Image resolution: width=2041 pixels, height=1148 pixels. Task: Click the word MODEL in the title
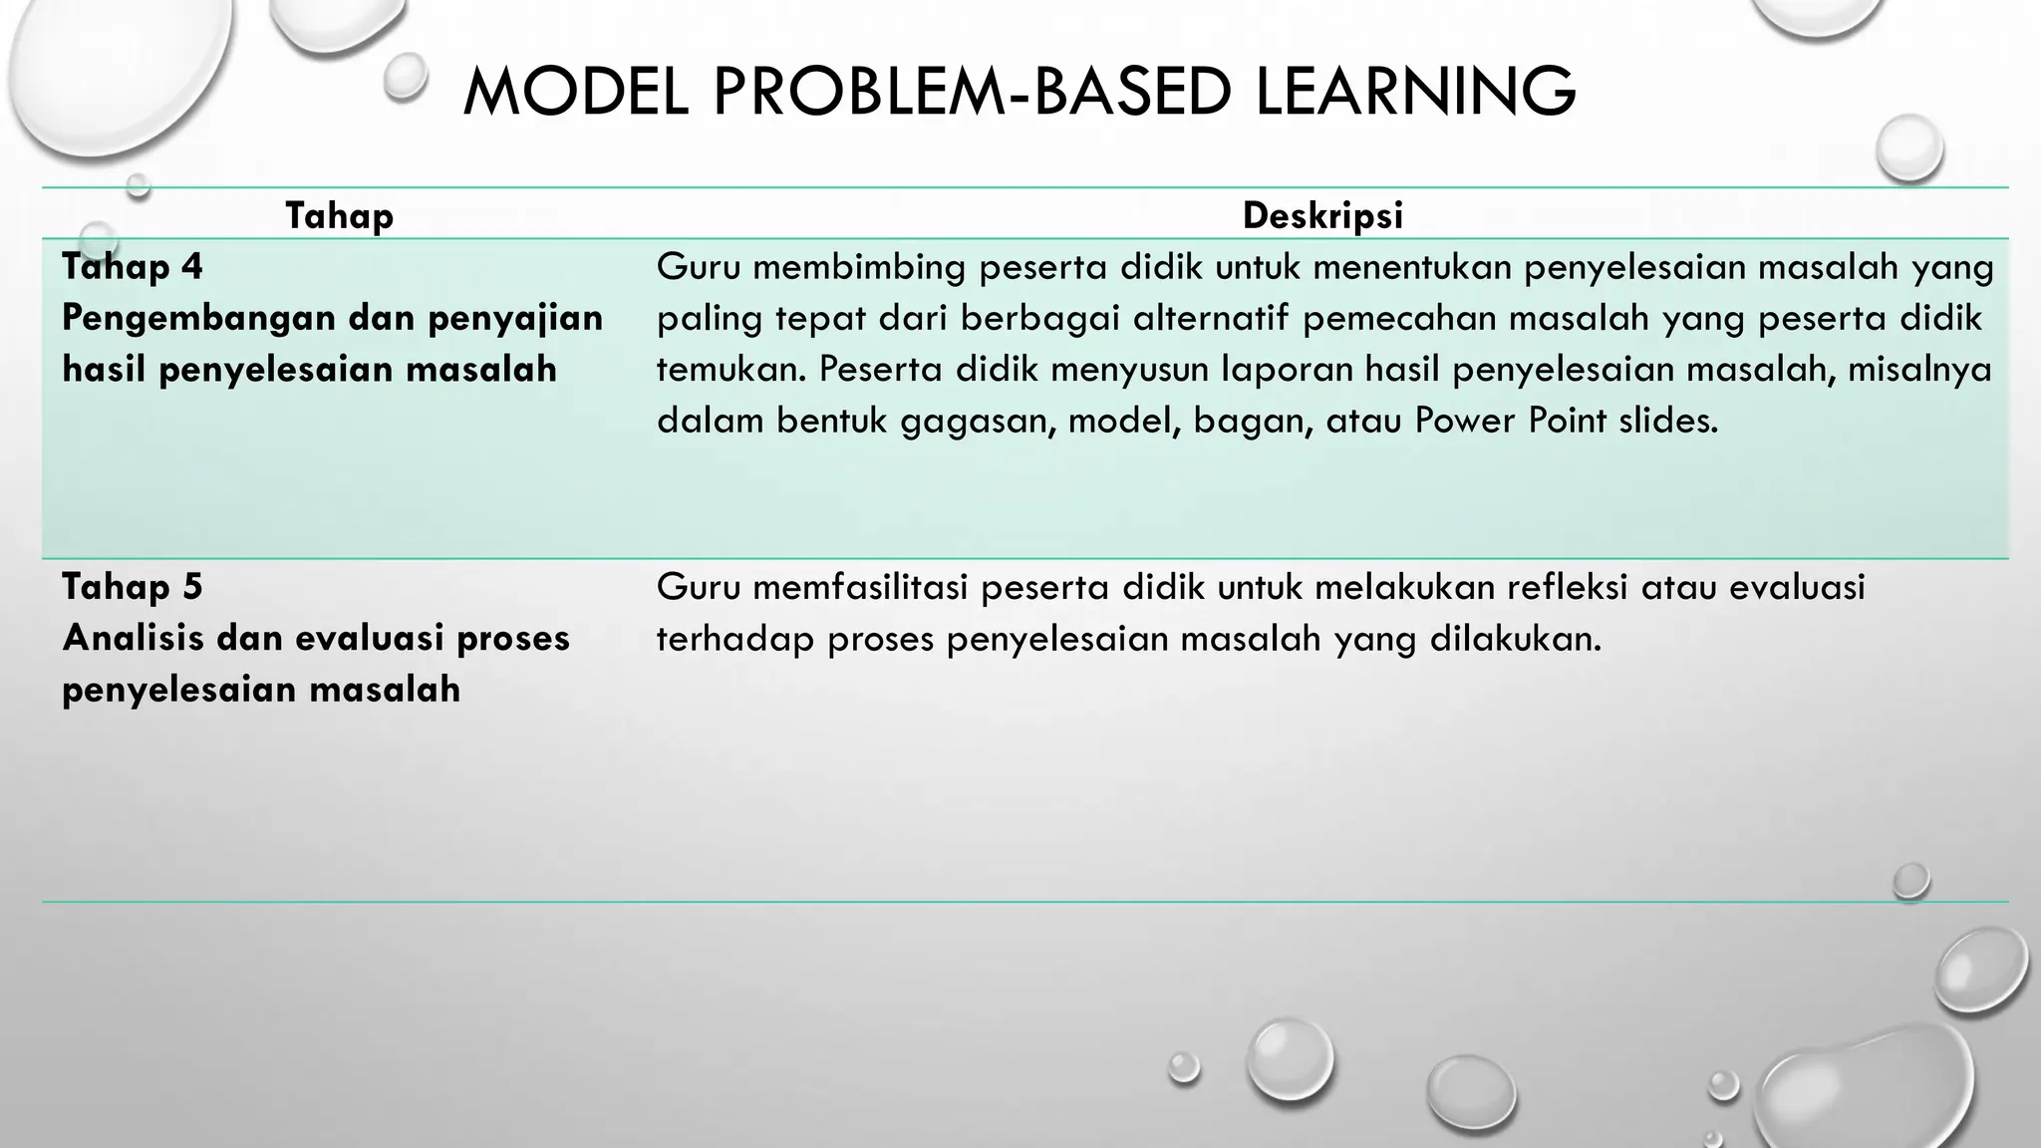[575, 92]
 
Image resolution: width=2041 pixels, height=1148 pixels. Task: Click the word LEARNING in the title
[1415, 92]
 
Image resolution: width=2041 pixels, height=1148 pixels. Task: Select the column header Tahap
[339, 215]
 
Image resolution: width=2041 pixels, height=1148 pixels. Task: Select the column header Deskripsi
[1322, 215]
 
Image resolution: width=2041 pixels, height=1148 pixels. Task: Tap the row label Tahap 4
[132, 267]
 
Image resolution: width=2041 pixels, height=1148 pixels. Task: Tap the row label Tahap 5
[132, 587]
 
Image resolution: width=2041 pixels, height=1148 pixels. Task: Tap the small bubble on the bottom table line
[1910, 881]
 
